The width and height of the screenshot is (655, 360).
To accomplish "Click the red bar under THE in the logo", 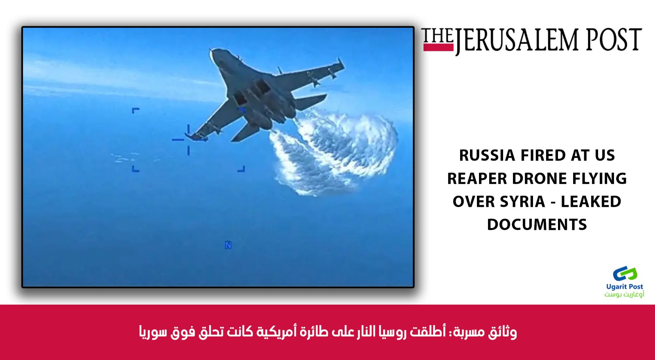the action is click(438, 48).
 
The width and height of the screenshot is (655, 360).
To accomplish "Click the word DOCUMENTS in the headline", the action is click(537, 224).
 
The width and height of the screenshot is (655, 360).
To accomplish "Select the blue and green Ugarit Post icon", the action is click(625, 274).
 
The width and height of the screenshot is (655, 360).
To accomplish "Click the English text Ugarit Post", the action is click(625, 287).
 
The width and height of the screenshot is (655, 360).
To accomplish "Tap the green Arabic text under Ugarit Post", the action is click(624, 294).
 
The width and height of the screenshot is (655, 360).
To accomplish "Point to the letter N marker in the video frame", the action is click(228, 245).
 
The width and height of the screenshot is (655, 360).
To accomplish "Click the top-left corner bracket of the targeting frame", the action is click(135, 111).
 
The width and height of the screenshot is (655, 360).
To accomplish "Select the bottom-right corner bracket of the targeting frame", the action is click(242, 169).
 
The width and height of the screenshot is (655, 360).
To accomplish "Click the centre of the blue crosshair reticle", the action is click(188, 140).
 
